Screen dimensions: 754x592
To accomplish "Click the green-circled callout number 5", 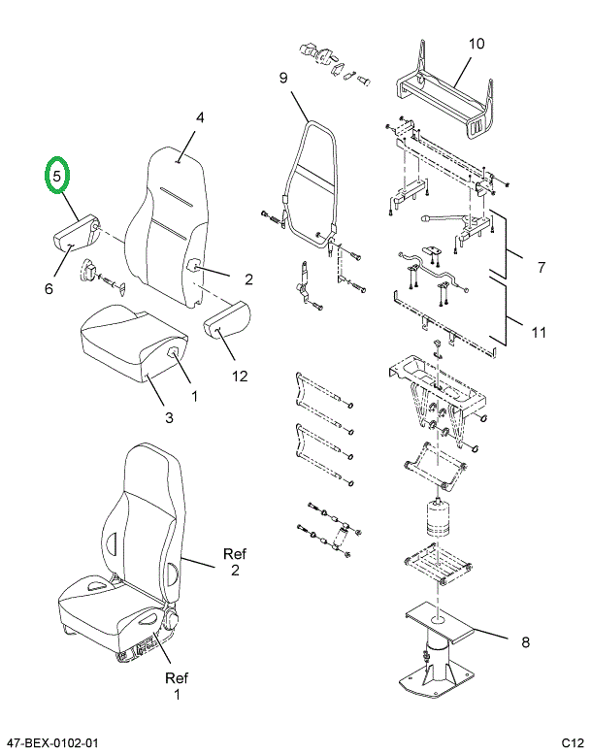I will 58,177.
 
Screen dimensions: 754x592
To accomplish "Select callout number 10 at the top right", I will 476,44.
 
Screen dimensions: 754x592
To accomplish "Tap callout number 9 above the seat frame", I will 283,79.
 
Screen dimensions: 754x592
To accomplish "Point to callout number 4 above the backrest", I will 200,118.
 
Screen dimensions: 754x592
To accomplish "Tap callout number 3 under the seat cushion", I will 168,418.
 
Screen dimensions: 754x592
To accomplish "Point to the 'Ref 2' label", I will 235,562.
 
